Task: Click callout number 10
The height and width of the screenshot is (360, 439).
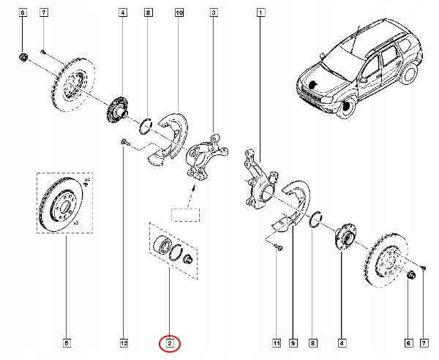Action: (180, 13)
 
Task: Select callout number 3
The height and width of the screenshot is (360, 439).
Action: (213, 13)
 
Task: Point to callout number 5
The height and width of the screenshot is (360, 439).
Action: (67, 342)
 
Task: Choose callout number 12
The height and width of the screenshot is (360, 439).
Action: (124, 342)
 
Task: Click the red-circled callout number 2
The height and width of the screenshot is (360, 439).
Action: (169, 342)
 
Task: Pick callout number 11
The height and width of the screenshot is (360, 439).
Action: (277, 342)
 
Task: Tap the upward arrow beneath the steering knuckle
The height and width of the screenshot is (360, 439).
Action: (192, 192)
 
